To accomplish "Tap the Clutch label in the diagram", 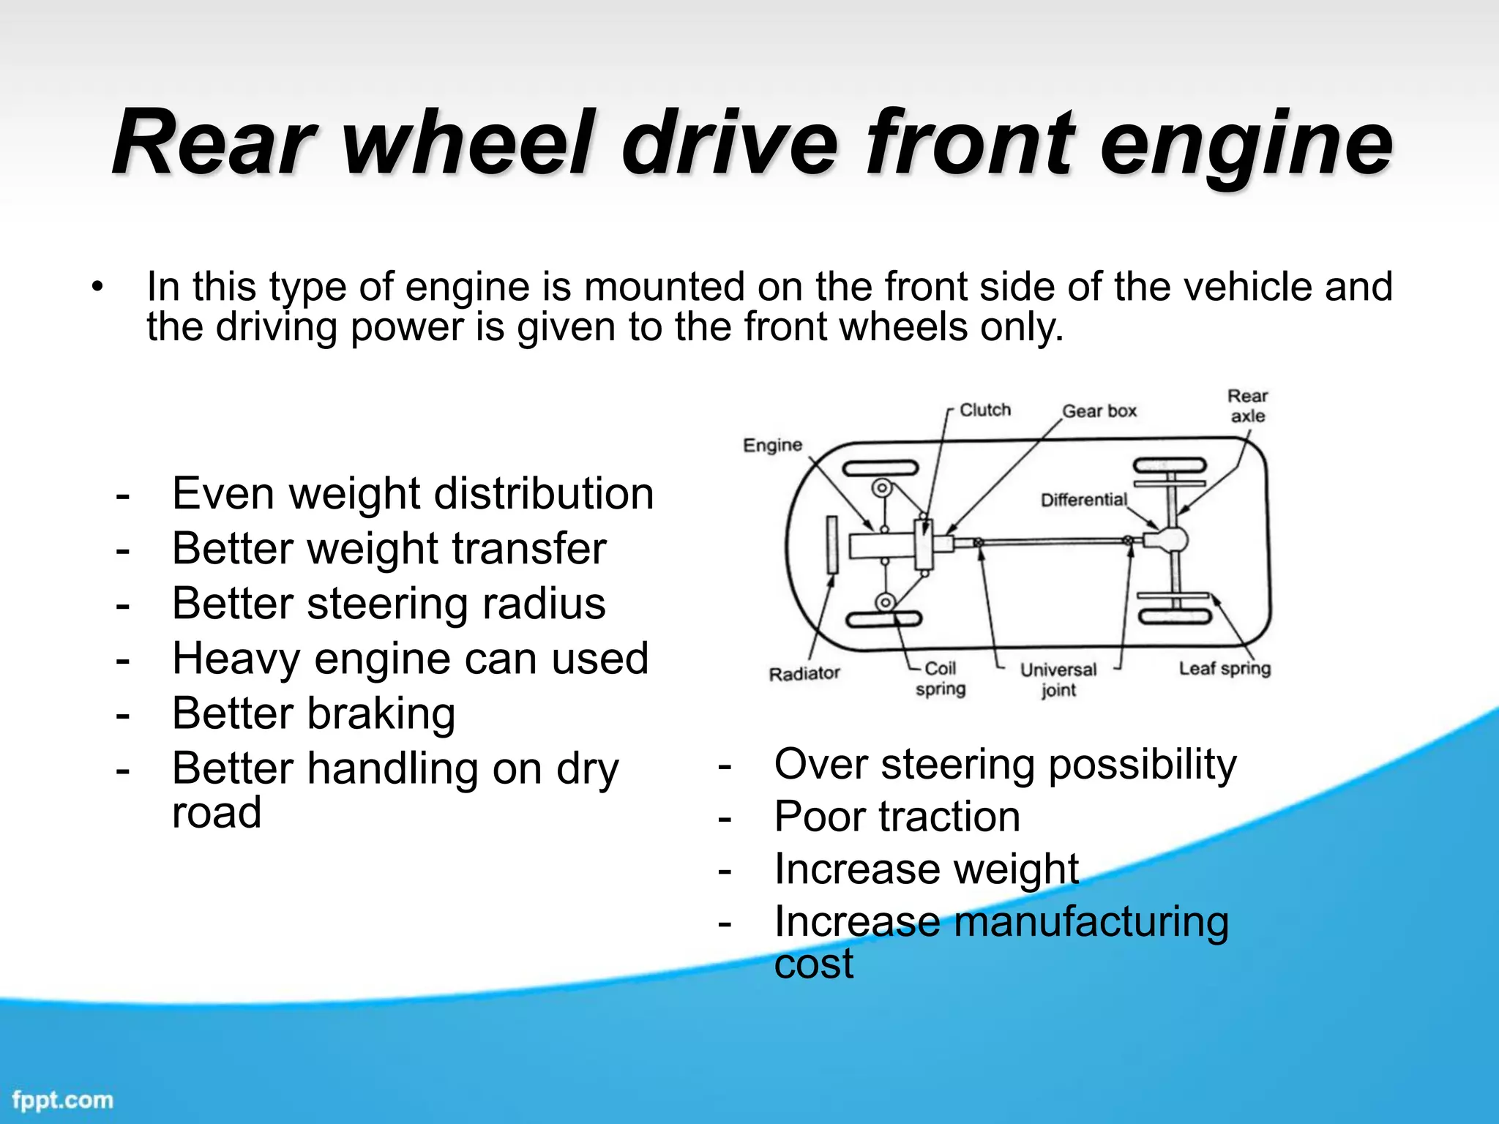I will click(984, 410).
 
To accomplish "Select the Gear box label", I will click(1099, 411).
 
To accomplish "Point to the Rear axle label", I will click(1247, 405).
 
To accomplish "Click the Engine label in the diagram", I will click(772, 445).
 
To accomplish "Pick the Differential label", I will click(1083, 500).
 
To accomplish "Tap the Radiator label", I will click(804, 673).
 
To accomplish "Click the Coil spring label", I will click(940, 678).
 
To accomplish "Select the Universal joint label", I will click(1058, 680).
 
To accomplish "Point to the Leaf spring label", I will click(1224, 668).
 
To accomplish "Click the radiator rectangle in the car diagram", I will click(831, 544).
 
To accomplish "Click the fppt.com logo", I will click(63, 1100).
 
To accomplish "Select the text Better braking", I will click(313, 713).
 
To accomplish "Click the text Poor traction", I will click(897, 817).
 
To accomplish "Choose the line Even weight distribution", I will click(412, 493).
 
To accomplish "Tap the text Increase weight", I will click(926, 869).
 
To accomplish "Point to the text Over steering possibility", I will click(1005, 765).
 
